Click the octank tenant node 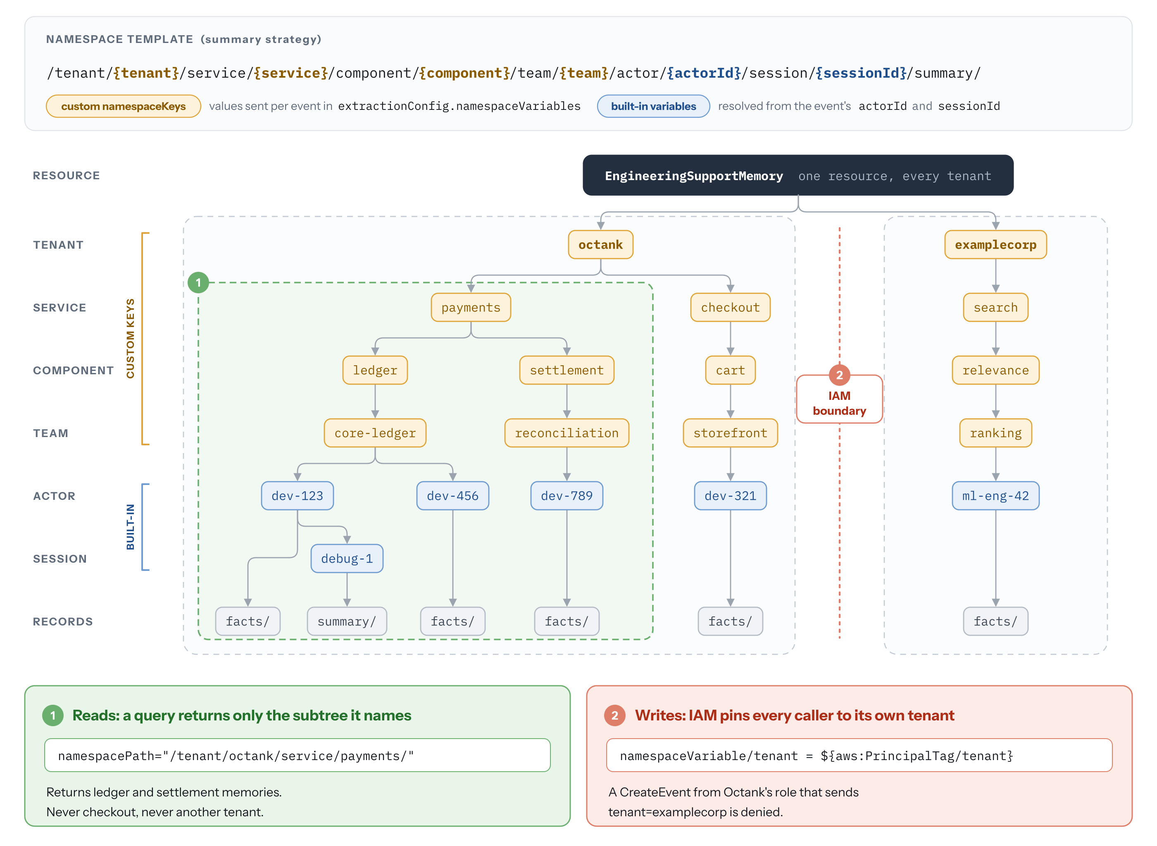[600, 245]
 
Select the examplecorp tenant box [995, 245]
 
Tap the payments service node [471, 307]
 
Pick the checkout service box [731, 307]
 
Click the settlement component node [567, 370]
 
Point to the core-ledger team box [375, 433]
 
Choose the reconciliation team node [567, 433]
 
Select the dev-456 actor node [453, 496]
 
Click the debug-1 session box [347, 559]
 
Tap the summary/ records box [347, 622]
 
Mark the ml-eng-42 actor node [995, 496]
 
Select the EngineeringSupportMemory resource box [798, 176]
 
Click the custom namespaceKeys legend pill [124, 107]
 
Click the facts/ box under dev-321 [731, 622]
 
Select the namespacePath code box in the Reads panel [297, 756]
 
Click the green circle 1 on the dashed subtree [198, 283]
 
